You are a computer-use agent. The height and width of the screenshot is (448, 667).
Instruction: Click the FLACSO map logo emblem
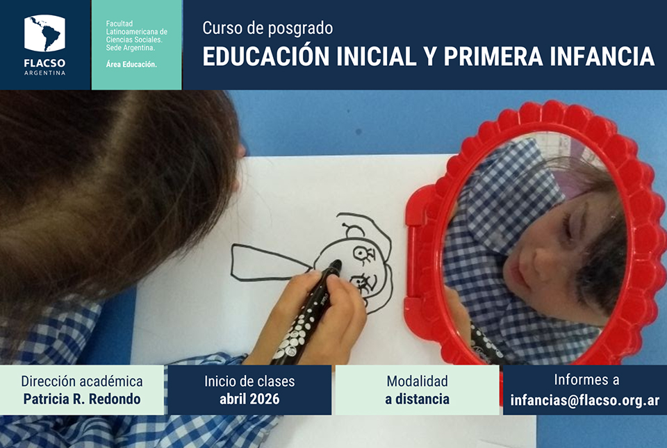click(44, 33)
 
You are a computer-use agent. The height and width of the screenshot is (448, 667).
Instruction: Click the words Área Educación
click(131, 65)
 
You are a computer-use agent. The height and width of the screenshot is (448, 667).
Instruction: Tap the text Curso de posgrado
click(267, 28)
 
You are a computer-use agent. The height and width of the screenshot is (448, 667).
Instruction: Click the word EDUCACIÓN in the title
click(266, 56)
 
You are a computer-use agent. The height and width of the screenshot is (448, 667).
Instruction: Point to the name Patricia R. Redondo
click(82, 399)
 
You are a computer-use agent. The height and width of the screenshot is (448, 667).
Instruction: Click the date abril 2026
click(249, 399)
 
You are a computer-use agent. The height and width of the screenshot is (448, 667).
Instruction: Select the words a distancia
click(418, 399)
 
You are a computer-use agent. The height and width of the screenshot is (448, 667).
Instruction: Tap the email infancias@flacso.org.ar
click(585, 400)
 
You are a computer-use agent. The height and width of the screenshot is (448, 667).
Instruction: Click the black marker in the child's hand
click(306, 314)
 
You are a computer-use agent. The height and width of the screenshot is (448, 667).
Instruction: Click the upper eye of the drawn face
click(363, 254)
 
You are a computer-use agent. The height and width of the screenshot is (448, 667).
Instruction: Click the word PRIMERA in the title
click(493, 56)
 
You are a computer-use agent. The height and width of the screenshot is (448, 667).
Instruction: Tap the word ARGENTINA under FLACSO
click(44, 73)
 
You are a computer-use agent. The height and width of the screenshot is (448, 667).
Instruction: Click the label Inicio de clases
click(249, 381)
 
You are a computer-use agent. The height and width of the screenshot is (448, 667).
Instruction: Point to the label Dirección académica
click(82, 381)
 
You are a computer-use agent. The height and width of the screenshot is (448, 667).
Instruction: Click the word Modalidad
click(418, 381)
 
